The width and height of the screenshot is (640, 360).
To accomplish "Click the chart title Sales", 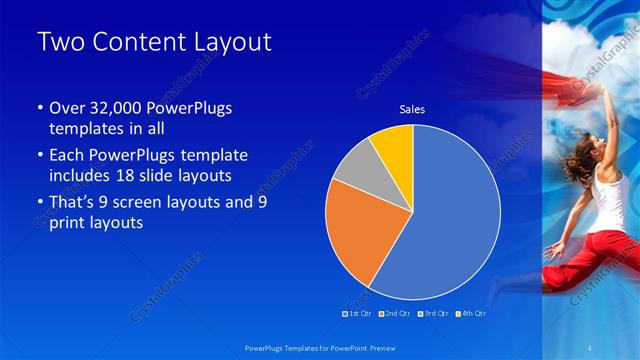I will (x=412, y=109).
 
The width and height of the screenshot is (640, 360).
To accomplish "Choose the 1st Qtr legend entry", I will (x=358, y=313).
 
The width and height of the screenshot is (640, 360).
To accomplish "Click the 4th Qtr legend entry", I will (x=473, y=313).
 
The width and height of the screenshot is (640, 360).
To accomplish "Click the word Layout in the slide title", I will (x=223, y=42).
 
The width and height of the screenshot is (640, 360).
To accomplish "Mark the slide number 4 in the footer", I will (x=591, y=347).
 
